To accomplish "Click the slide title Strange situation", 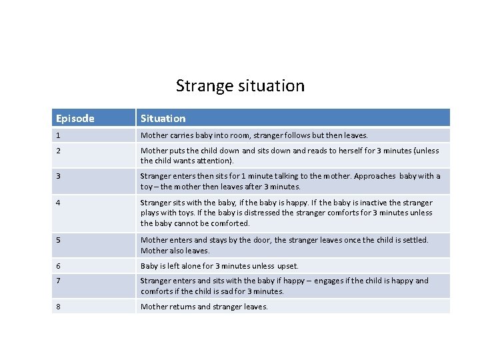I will tap(240, 86).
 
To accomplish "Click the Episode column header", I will tap(75, 119).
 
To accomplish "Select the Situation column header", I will tap(163, 119).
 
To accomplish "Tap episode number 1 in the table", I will tap(58, 135).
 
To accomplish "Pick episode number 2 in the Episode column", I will tap(59, 151).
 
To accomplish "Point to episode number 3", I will tap(59, 176).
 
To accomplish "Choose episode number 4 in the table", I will tap(59, 203).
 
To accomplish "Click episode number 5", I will tap(59, 240).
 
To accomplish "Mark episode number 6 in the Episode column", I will tap(59, 265).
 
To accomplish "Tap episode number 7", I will tap(59, 281).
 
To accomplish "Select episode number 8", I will tap(59, 307).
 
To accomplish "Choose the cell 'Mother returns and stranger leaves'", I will tap(204, 307).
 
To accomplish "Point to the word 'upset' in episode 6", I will tap(287, 265).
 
